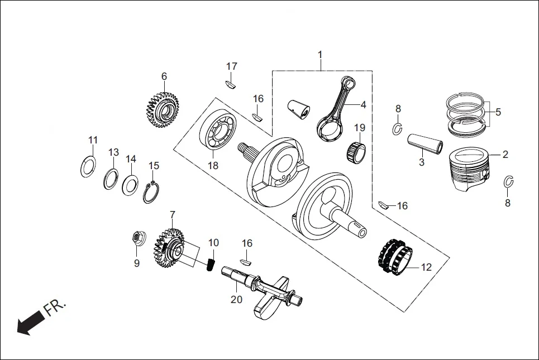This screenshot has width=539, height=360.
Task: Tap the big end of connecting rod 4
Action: [330, 128]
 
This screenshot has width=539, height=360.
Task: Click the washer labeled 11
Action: [88, 166]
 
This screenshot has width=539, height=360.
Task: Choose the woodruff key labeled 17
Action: [231, 84]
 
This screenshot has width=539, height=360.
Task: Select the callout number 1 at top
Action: [320, 55]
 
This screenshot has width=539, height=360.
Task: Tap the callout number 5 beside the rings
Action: [498, 112]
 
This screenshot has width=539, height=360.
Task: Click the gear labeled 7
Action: [170, 246]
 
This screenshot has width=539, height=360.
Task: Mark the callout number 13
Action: [113, 152]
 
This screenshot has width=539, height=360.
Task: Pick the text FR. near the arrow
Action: [55, 308]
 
